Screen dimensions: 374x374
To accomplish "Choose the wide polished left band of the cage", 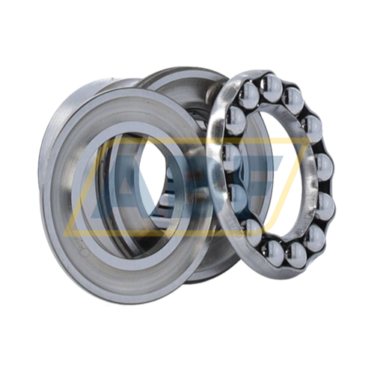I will coord(221,150).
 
